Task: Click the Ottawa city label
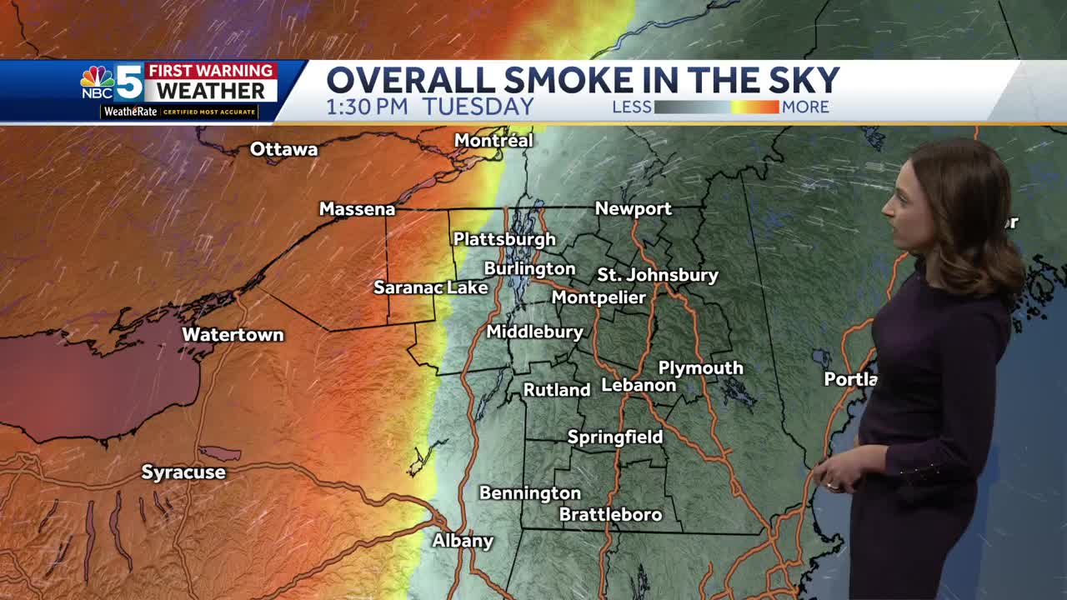tap(284, 149)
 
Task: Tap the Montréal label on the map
tap(493, 141)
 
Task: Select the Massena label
tap(357, 209)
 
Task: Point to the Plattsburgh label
tap(504, 239)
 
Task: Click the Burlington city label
tap(529, 268)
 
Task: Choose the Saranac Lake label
tap(430, 287)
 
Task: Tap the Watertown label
tap(233, 335)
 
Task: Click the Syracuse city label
tap(183, 472)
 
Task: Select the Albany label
tap(463, 541)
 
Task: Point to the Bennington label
tap(529, 493)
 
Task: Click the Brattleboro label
tap(610, 515)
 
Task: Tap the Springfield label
tap(615, 437)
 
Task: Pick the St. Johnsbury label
tap(658, 275)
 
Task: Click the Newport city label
tap(633, 209)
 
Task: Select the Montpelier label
tap(599, 297)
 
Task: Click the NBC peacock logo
tap(98, 78)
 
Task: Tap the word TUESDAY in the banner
tap(478, 107)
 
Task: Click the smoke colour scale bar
tap(716, 107)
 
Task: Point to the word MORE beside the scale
tap(805, 107)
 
